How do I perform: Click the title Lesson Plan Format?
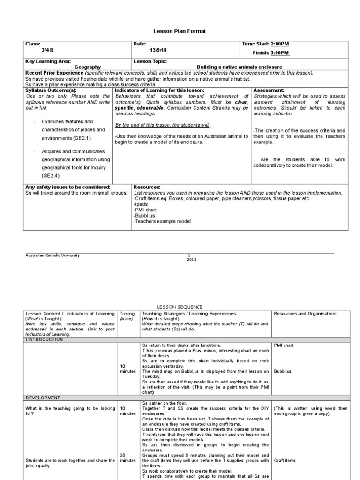tap(180, 31)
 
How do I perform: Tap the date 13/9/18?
tap(159, 50)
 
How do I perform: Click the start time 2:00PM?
tap(280, 44)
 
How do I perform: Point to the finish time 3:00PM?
tap(280, 53)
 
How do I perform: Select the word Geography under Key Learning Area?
tap(88, 67)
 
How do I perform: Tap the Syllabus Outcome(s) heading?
tap(50, 90)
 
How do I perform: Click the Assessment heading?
tap(268, 90)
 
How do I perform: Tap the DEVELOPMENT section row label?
tap(43, 397)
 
